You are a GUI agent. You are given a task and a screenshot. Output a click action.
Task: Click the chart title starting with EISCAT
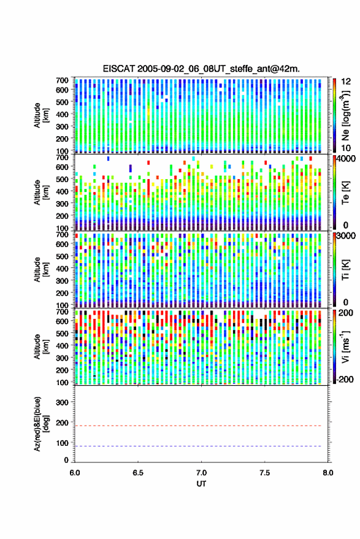[x=201, y=69]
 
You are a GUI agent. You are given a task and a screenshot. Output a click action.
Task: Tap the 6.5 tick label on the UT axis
[x=138, y=473]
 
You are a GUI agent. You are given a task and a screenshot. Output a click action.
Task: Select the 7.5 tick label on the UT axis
[x=264, y=473]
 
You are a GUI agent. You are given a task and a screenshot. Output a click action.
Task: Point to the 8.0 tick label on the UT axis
[x=327, y=473]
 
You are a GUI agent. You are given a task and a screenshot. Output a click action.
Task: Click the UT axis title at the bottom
[x=201, y=484]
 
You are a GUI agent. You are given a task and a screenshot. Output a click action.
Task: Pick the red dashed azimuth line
[x=198, y=426]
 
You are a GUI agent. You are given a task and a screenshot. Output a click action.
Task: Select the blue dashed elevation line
[x=198, y=446]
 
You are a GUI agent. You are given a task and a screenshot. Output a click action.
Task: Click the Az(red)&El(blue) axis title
[x=41, y=424]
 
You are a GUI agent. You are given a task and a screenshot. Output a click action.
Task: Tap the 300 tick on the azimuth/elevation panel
[x=62, y=402]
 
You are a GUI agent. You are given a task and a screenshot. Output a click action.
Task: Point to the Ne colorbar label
[x=346, y=115]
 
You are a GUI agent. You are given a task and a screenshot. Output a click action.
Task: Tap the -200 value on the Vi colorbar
[x=345, y=380]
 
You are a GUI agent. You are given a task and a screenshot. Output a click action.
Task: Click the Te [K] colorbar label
[x=345, y=193]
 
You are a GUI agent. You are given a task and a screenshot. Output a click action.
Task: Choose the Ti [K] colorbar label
[x=345, y=270]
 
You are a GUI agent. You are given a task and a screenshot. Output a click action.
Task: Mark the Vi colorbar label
[x=345, y=346]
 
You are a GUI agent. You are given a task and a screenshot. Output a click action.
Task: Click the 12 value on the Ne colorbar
[x=347, y=82]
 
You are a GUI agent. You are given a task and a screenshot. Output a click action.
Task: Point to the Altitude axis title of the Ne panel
[x=41, y=115]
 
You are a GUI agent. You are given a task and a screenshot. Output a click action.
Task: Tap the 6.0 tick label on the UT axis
[x=75, y=473]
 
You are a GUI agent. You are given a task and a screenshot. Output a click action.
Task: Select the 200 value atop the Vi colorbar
[x=346, y=313]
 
